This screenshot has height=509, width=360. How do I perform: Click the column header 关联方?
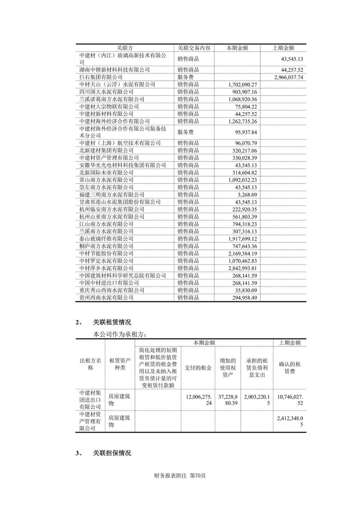click(x=124, y=48)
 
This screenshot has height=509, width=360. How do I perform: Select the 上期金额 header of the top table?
click(x=283, y=48)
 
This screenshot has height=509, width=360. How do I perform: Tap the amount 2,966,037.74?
click(x=288, y=77)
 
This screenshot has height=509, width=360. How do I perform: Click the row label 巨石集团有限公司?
click(x=101, y=77)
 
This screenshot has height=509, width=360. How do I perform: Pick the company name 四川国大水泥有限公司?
click(x=106, y=92)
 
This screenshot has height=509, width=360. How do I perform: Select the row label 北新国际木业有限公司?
click(x=106, y=173)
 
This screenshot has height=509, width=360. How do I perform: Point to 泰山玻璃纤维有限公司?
click(x=106, y=239)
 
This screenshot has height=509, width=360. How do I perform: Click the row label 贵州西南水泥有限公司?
click(x=106, y=298)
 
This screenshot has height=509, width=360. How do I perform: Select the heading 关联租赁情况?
click(x=112, y=323)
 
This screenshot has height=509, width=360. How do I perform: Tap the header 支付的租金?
click(x=198, y=368)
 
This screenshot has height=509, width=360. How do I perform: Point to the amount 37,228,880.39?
click(x=228, y=400)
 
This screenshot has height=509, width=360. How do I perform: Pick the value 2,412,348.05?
click(x=290, y=421)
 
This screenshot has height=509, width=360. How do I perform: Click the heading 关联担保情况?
click(x=112, y=453)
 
